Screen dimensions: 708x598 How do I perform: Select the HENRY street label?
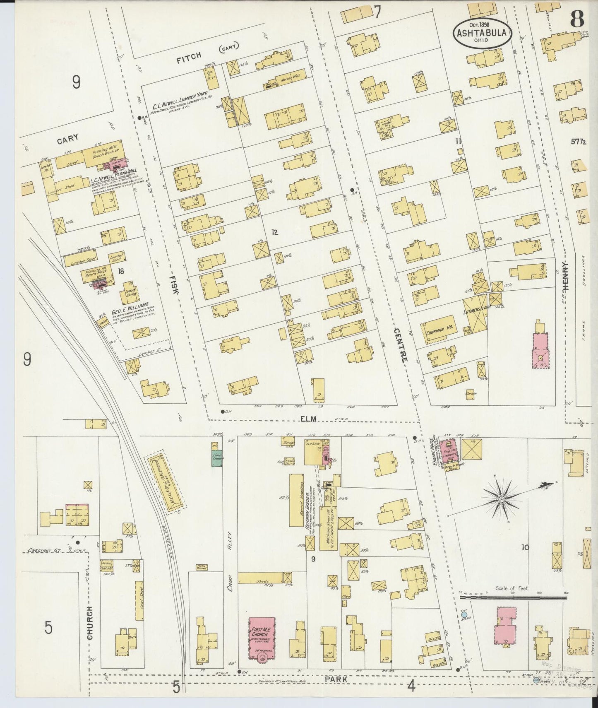pos(566,275)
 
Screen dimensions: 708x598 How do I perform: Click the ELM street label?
pos(308,419)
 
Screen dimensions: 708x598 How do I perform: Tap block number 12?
pos(274,232)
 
